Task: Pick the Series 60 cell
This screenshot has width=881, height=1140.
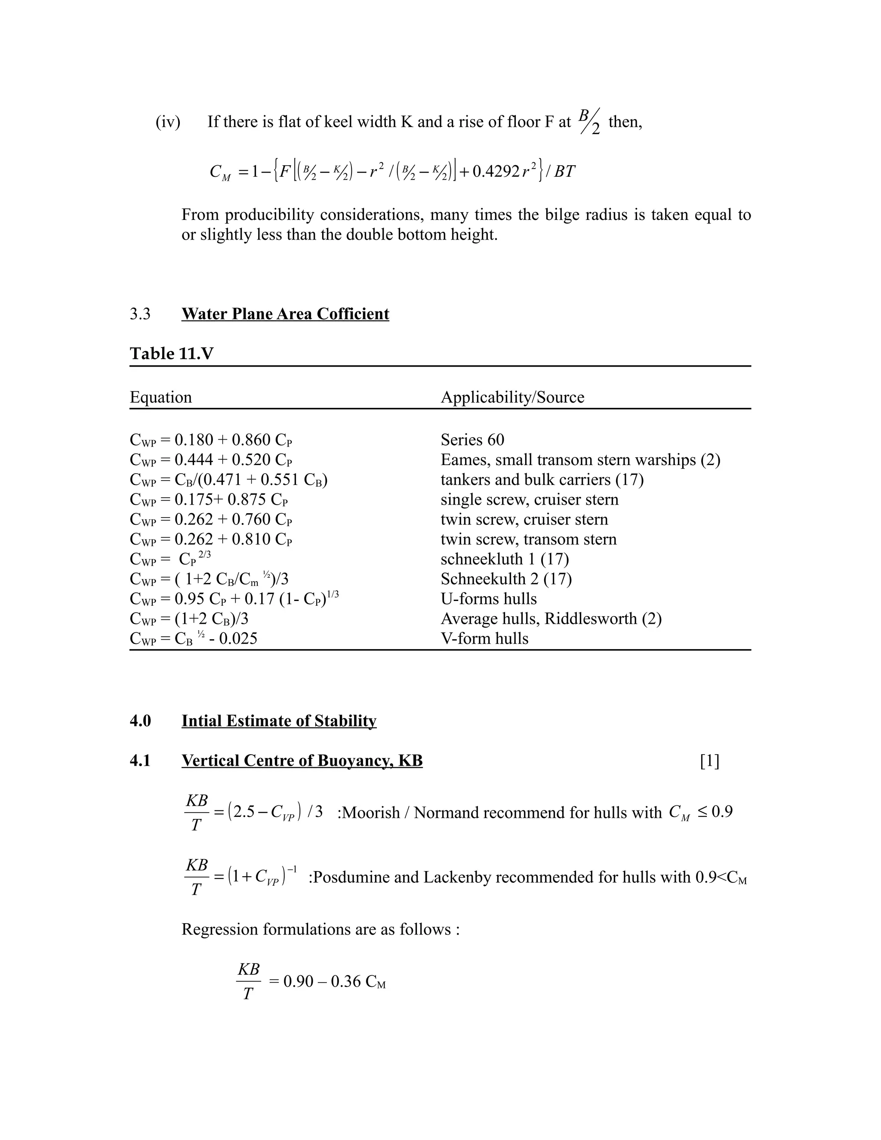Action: [x=472, y=440]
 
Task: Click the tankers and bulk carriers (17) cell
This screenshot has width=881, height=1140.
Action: [x=542, y=479]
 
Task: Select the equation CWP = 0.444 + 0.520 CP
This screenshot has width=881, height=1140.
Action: [x=211, y=460]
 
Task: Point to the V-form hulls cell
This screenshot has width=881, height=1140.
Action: [x=484, y=638]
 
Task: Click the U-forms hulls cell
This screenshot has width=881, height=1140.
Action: [x=489, y=599]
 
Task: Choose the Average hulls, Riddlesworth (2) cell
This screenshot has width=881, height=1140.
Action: [x=551, y=619]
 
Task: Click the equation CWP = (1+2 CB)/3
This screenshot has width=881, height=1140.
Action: [x=189, y=619]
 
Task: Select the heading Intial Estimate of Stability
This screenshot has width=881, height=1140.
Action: [x=279, y=721]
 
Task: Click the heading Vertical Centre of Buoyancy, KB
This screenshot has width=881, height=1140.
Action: [x=302, y=761]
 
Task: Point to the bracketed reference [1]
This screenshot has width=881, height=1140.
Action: [x=709, y=761]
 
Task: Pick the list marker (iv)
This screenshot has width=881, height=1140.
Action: [x=167, y=122]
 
